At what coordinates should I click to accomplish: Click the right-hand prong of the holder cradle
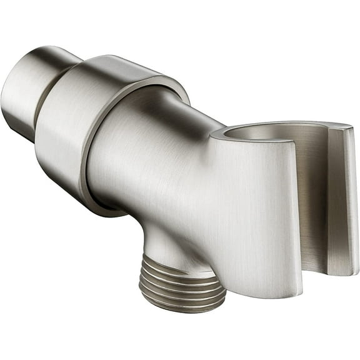coord(341,200)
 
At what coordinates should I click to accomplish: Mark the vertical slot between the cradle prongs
coord(316,206)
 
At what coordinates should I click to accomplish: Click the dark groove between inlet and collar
coord(42,106)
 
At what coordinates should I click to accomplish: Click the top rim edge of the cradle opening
coord(262,124)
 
